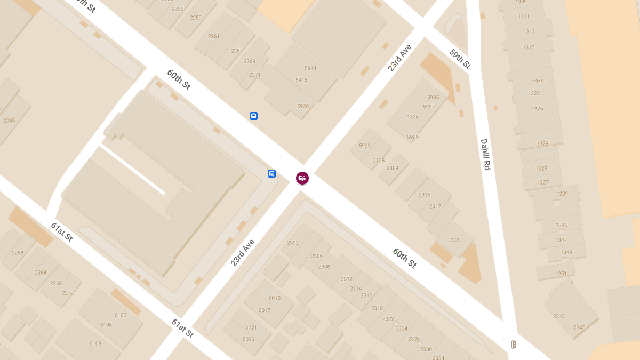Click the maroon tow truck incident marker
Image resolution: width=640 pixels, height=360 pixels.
(302, 178)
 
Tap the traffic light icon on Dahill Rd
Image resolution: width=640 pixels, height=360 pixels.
(514, 345)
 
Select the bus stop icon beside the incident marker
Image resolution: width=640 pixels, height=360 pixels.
(271, 173)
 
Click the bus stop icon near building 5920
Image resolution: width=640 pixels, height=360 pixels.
(253, 116)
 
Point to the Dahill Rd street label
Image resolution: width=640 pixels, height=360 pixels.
(485, 154)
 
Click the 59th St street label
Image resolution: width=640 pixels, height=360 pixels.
(460, 59)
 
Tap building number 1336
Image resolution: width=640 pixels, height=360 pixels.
(413, 117)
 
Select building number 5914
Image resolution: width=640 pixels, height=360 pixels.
(310, 68)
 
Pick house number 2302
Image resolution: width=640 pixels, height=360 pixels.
(293, 243)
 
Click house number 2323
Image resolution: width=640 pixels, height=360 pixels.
(455, 240)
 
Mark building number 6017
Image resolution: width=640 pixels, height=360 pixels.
(265, 310)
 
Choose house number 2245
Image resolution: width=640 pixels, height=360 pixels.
(9, 121)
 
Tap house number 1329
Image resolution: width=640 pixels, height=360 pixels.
(542, 143)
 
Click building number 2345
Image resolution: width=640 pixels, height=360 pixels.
(579, 327)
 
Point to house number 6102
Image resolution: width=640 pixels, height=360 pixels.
(121, 315)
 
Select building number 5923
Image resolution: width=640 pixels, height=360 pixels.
(365, 146)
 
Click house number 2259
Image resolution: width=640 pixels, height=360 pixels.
(196, 18)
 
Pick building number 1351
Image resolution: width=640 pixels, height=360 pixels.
(561, 274)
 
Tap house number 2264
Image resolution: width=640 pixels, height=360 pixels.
(41, 273)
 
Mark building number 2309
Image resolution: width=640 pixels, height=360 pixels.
(393, 168)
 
